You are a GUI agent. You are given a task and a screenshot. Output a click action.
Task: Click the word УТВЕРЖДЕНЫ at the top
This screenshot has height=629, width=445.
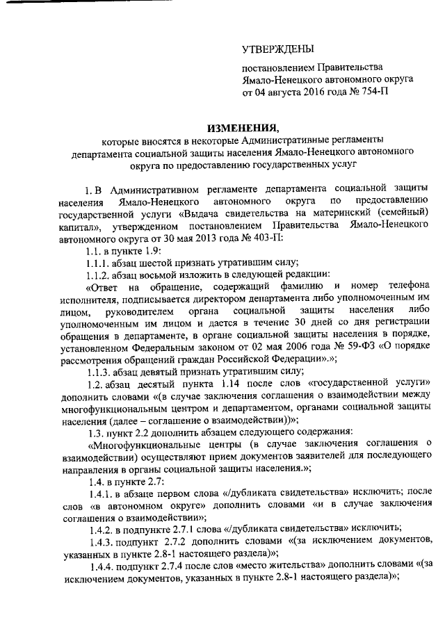pos(277,49)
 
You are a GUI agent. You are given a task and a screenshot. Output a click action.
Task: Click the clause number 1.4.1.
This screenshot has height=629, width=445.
pos(98,493)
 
